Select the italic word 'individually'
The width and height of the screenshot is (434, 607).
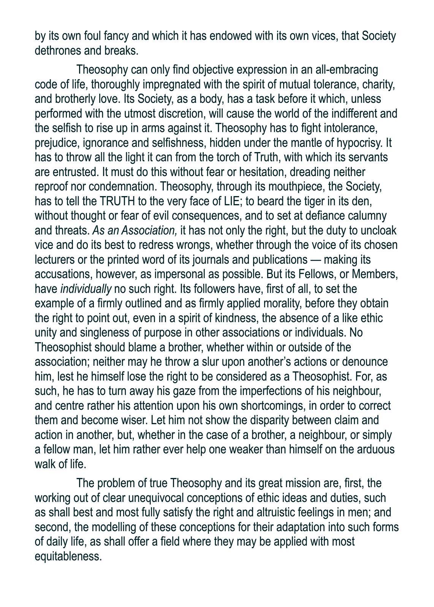coord(86,289)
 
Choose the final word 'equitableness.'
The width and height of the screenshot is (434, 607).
coord(68,557)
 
